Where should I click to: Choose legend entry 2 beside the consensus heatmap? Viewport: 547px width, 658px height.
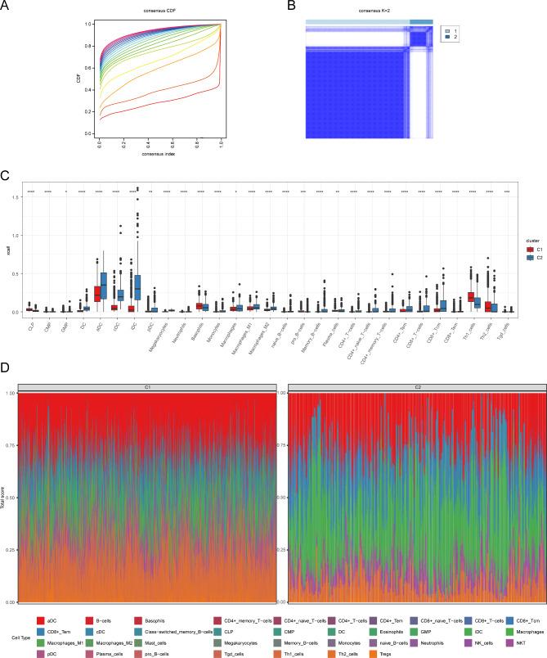455,37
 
